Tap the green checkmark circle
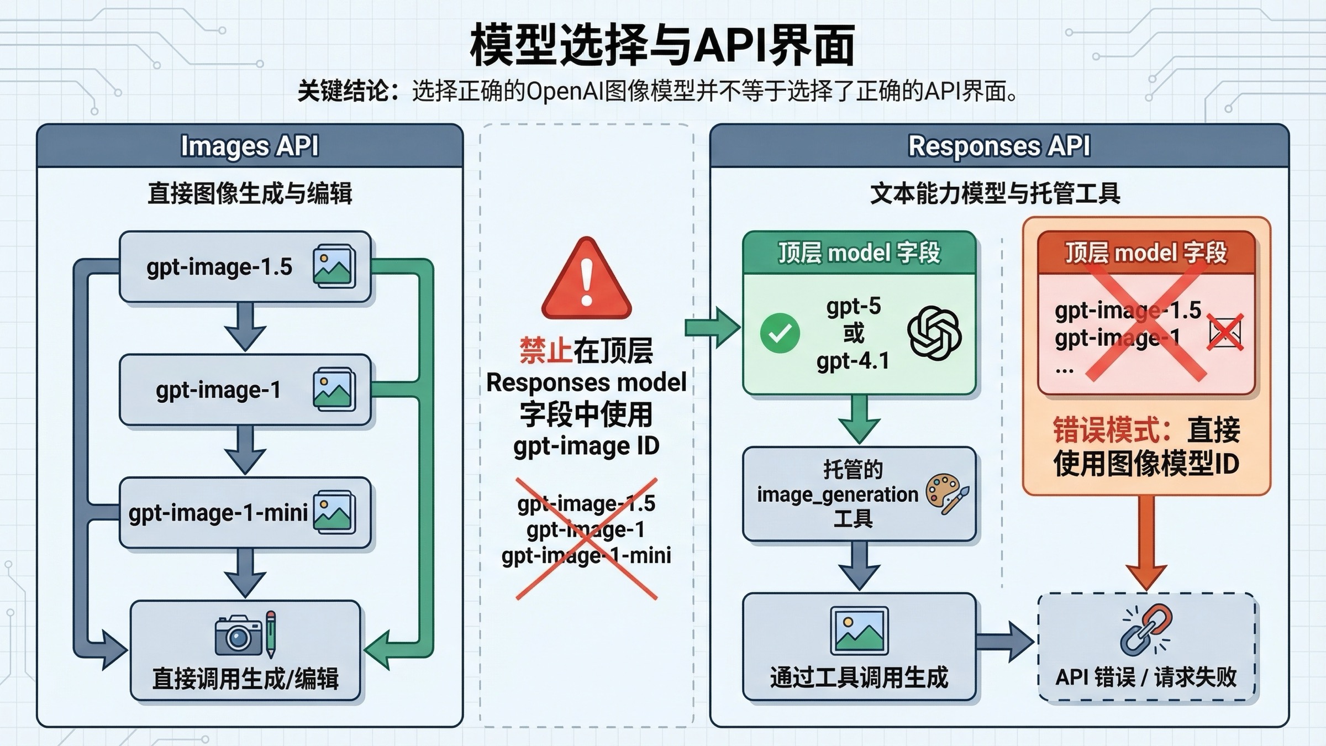780,333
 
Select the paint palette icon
946,493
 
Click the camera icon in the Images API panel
239,635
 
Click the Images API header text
250,146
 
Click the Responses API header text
999,146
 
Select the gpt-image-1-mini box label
218,513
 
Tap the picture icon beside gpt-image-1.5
334,266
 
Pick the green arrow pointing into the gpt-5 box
713,328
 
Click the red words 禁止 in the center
545,350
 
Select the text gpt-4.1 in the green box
853,361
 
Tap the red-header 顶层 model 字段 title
1146,253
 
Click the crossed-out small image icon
1224,333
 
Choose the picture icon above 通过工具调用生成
859,631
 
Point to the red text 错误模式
1111,430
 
